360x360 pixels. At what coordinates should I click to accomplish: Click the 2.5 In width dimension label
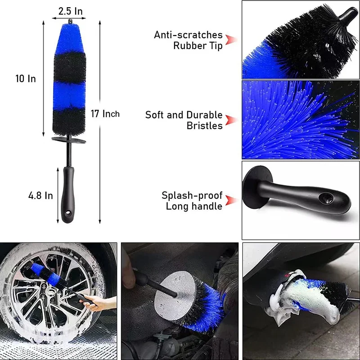(70, 11)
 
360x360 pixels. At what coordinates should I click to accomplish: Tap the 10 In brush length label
(26, 79)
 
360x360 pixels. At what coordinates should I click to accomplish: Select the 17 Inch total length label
(105, 114)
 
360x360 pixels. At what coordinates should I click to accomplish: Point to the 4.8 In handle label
(40, 196)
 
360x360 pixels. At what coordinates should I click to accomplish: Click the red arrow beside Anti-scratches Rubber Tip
(230, 40)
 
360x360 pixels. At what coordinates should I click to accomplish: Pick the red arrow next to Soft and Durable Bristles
(230, 120)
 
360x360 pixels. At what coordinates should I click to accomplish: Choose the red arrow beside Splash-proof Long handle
(230, 200)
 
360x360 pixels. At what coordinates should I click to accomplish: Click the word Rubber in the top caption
(190, 45)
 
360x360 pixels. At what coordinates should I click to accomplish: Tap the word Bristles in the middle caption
(205, 126)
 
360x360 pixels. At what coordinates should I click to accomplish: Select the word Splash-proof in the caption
(192, 196)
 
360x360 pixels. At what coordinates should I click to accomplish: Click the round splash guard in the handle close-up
(257, 187)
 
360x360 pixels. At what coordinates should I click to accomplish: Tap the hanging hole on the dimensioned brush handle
(67, 213)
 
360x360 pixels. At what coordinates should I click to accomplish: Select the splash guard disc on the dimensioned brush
(69, 140)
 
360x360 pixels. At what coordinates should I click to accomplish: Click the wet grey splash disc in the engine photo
(175, 296)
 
